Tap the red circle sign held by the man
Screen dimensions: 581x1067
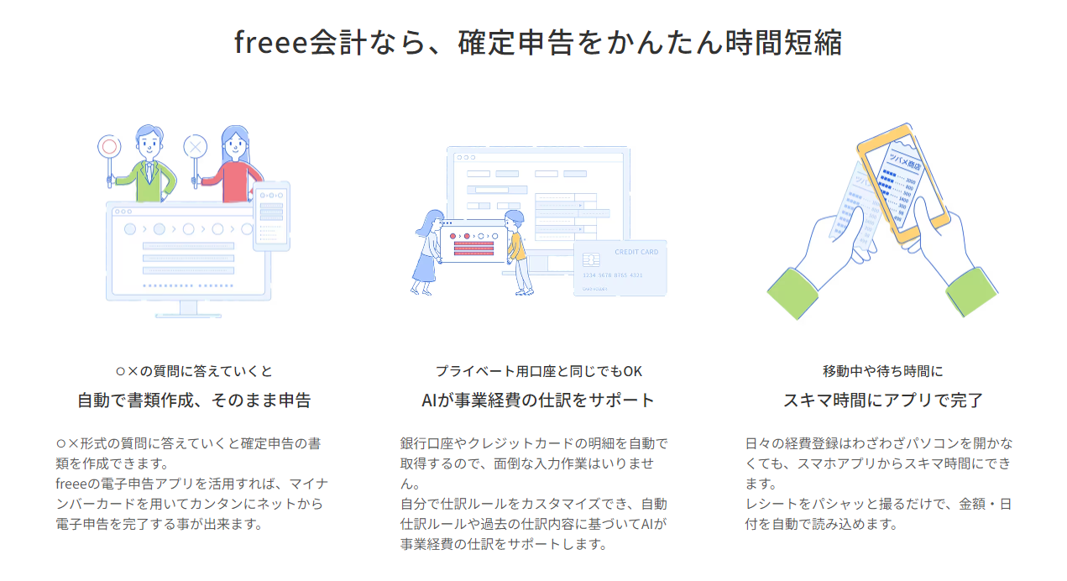(108, 147)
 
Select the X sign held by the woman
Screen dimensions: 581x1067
(196, 147)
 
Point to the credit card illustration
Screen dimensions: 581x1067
(620, 268)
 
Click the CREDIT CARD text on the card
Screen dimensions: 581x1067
(636, 252)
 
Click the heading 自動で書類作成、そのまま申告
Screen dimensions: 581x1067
(194, 400)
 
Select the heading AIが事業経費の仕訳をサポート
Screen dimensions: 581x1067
(538, 400)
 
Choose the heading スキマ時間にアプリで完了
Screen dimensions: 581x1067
(883, 400)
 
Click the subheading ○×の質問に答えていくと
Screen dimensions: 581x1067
(194, 370)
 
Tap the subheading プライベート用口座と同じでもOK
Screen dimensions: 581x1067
(538, 370)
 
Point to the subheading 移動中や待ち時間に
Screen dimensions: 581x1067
(883, 370)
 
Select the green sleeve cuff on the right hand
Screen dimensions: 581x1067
(971, 291)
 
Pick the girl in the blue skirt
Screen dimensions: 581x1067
(426, 252)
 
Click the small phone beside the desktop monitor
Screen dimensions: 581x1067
(271, 216)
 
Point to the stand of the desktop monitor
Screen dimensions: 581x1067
(188, 310)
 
